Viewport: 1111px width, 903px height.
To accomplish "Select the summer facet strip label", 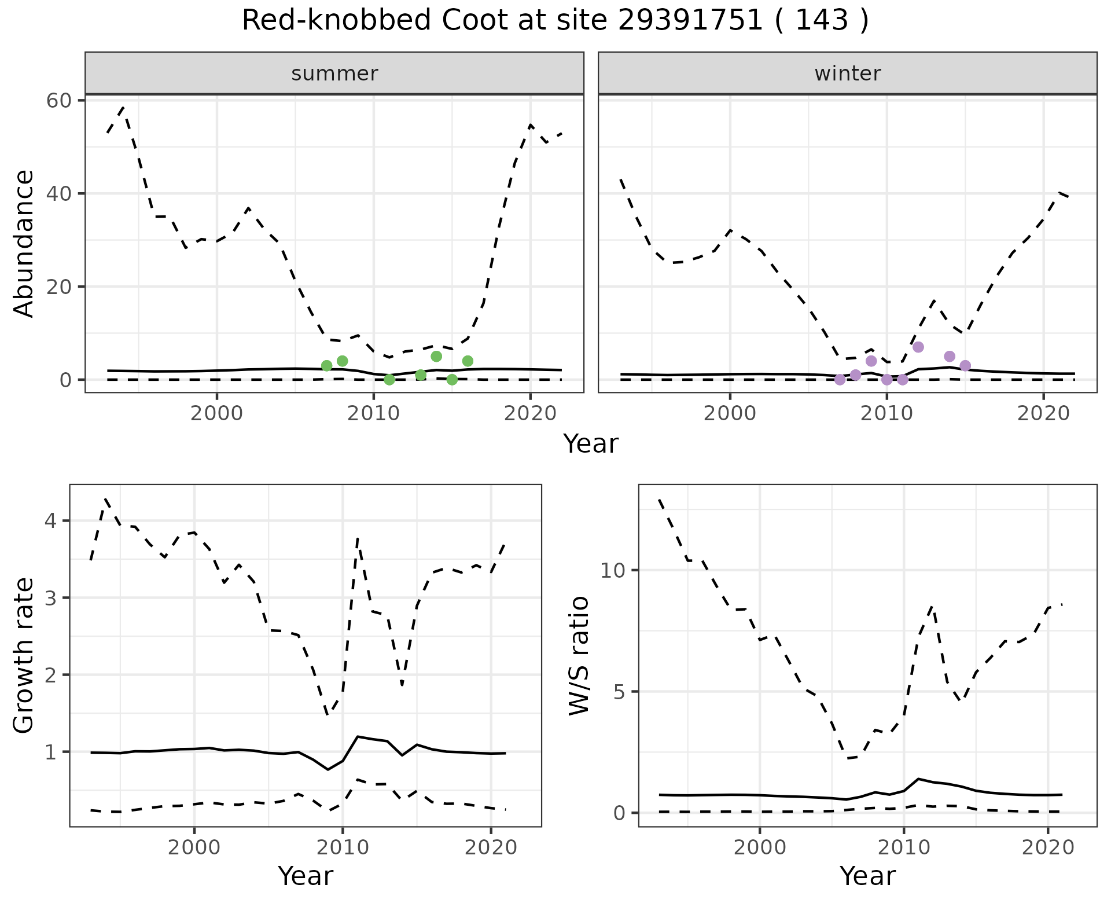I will (334, 74).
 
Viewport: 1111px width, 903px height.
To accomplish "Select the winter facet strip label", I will (848, 74).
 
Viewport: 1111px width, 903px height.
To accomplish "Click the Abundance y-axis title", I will (24, 243).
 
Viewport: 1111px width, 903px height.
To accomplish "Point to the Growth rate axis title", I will (24, 655).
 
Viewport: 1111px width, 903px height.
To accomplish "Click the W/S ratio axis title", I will (579, 655).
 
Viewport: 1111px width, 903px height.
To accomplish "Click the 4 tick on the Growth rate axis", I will (52, 521).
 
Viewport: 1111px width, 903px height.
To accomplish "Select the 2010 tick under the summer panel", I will (373, 414).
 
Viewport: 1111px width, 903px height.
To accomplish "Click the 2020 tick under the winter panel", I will (1043, 414).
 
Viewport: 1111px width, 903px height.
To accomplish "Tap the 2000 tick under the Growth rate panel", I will (194, 848).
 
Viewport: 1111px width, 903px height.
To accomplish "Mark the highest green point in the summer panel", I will (436, 357).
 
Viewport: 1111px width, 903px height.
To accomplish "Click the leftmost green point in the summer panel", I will (326, 366).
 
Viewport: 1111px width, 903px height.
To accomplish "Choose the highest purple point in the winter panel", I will (918, 347).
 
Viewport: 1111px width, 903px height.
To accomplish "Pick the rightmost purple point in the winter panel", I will (965, 366).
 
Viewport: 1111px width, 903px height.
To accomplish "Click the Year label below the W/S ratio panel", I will (867, 876).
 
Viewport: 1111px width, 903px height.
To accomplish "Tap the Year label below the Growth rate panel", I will (306, 876).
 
